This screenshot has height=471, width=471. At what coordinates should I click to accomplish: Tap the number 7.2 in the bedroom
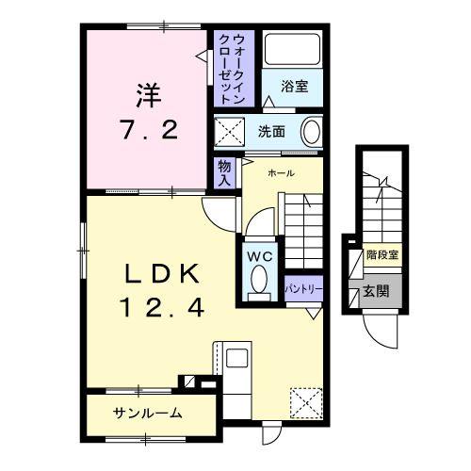click(x=147, y=129)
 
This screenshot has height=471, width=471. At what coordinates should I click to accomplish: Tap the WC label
click(x=259, y=254)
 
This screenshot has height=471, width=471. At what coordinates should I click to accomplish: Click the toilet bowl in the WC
click(x=259, y=280)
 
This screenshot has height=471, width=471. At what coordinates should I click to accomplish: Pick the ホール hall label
click(x=281, y=173)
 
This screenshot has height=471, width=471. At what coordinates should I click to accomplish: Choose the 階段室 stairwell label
click(x=382, y=255)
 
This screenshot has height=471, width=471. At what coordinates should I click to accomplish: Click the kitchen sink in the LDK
click(x=236, y=359)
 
